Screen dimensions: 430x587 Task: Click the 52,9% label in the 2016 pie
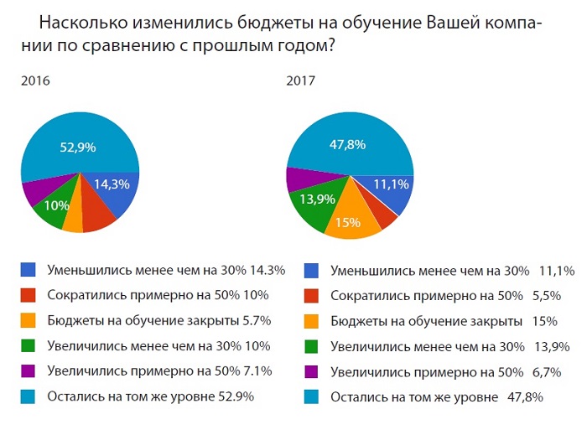point(78,147)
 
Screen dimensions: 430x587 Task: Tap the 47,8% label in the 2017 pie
point(347,144)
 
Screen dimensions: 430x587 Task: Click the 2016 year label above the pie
point(36,81)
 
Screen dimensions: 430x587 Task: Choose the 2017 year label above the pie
point(300,81)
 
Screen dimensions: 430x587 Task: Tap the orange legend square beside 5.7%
point(30,321)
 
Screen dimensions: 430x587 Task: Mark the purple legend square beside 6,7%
point(314,371)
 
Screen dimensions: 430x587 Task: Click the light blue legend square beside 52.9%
point(30,396)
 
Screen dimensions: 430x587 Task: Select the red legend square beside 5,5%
point(314,296)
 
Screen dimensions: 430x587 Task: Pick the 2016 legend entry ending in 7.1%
point(151,371)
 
